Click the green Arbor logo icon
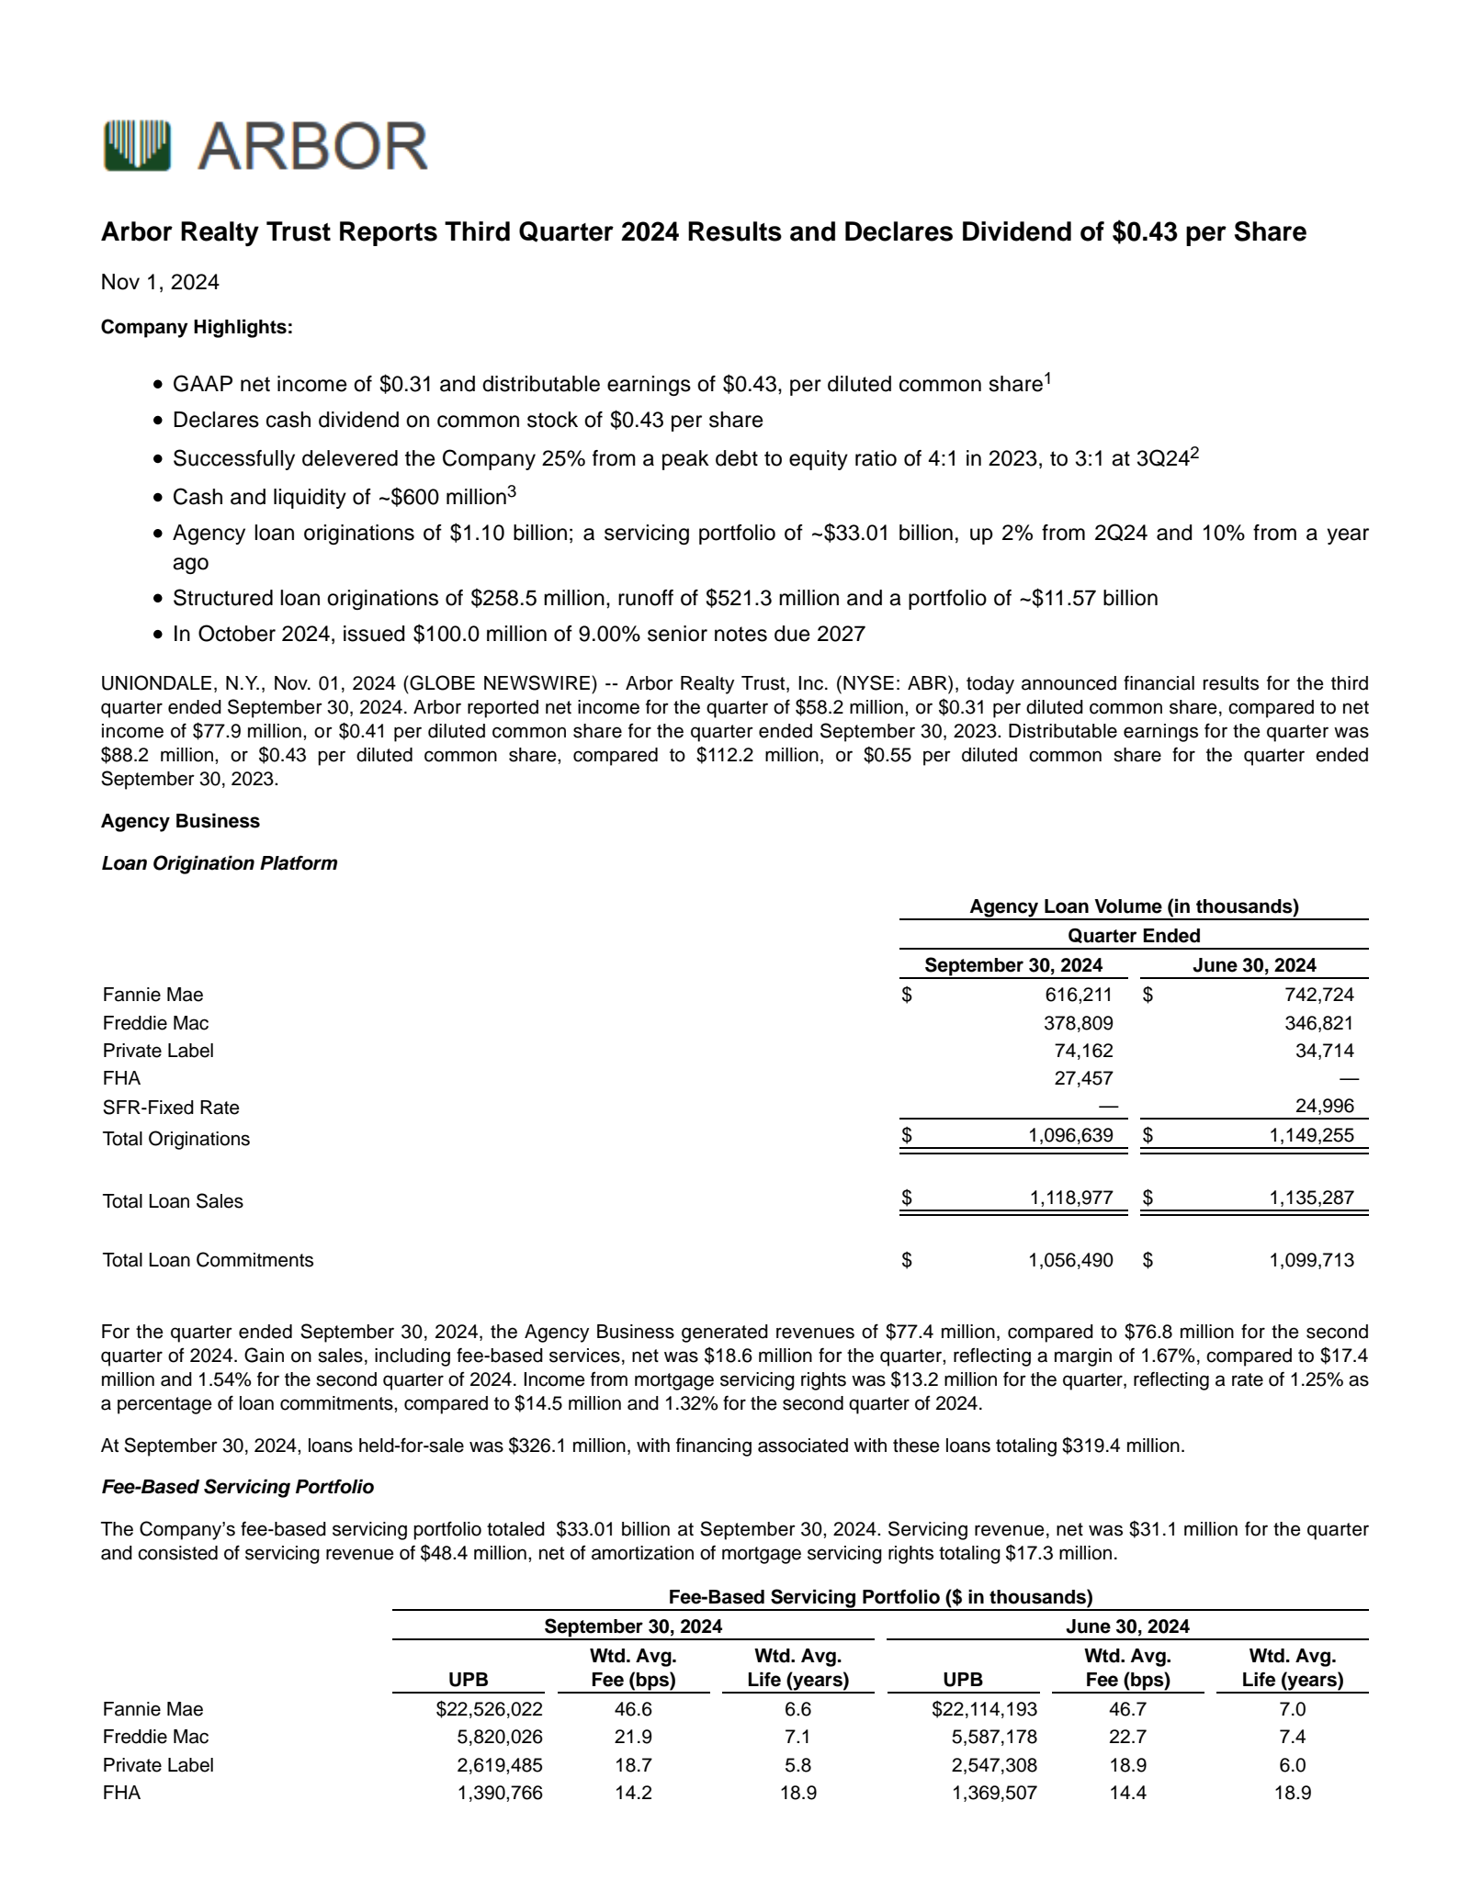[137, 145]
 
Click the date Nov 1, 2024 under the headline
[160, 282]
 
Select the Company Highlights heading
[197, 327]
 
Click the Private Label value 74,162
[1088, 1051]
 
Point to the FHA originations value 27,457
[1083, 1078]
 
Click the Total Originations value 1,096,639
[1070, 1135]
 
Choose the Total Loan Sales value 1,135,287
[1311, 1198]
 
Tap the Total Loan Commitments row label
[208, 1260]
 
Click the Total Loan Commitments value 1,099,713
[1311, 1260]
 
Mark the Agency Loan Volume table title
[1134, 906]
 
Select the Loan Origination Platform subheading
[220, 863]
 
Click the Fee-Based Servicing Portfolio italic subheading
[237, 1486]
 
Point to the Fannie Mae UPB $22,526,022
[489, 1709]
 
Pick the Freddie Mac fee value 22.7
[1127, 1737]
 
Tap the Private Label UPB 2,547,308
[994, 1765]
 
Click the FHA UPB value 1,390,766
[500, 1793]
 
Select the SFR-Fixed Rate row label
[171, 1108]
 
